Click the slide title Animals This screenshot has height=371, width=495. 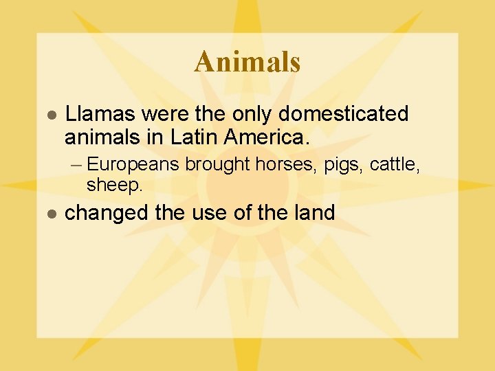tap(247, 62)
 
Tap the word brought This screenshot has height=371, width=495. tap(218, 165)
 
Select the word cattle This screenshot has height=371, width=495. tap(389, 164)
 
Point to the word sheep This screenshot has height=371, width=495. tap(114, 184)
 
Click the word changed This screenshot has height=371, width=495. tap(107, 213)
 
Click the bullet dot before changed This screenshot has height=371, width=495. tap(49, 214)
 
